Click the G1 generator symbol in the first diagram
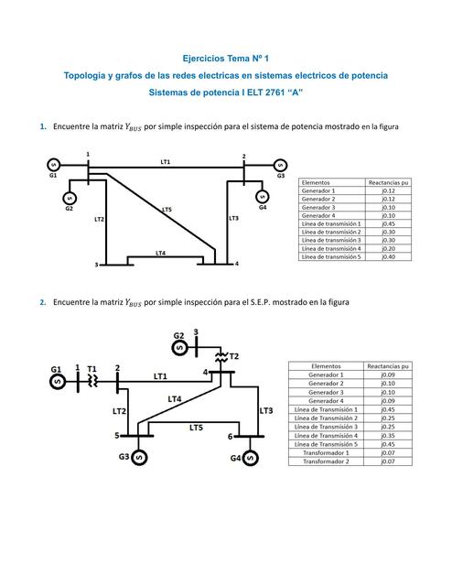(x=53, y=165)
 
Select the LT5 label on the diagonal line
(x=167, y=210)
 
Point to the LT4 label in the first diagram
(x=160, y=253)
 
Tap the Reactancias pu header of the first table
(x=387, y=182)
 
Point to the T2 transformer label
(x=233, y=354)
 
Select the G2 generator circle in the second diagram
(x=180, y=348)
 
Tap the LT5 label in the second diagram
(x=196, y=428)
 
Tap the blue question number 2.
(x=43, y=303)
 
